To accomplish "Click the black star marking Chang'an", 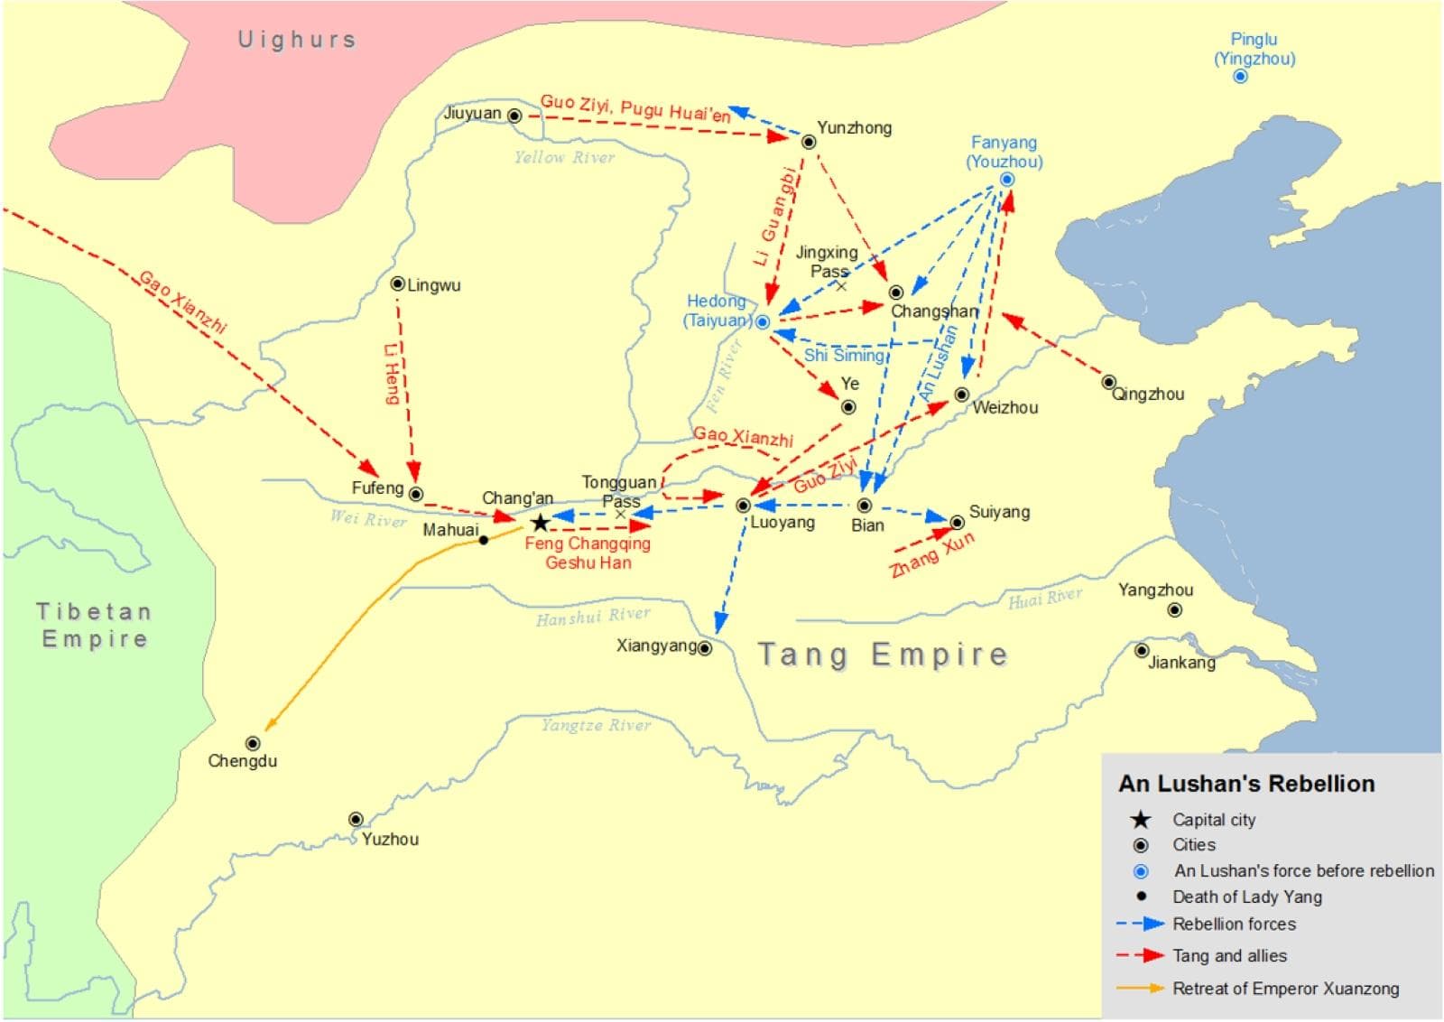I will (x=540, y=523).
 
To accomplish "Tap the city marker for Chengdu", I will (x=253, y=744).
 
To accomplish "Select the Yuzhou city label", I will (x=390, y=840).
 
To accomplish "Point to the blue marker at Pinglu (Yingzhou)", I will (x=1240, y=77).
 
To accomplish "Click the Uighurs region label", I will (x=297, y=40).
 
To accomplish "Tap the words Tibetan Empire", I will (x=94, y=625).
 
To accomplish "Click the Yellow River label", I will (x=564, y=158).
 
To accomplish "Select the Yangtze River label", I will (x=596, y=726).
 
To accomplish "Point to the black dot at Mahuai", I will (x=484, y=540).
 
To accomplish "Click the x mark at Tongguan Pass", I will (x=620, y=515).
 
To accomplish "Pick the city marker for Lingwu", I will (x=397, y=283).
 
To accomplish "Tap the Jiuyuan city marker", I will (x=514, y=116).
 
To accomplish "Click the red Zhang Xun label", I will (x=932, y=554).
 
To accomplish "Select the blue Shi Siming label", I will (x=844, y=356).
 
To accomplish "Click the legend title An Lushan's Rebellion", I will (x=1246, y=784).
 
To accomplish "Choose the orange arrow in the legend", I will (x=1141, y=989).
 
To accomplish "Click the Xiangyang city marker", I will (x=705, y=648).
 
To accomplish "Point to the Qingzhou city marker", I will (x=1108, y=382).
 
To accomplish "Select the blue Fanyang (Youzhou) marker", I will (x=1007, y=180).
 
